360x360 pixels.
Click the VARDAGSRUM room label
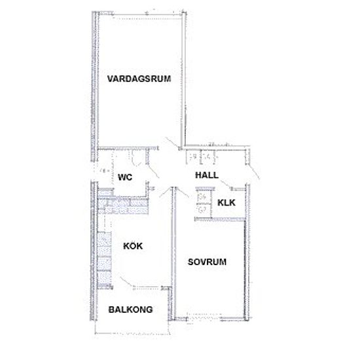(x=139, y=79)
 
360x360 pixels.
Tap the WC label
(x=125, y=177)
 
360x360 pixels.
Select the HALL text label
(x=207, y=175)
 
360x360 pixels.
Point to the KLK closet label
(x=226, y=202)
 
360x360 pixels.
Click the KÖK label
(x=133, y=245)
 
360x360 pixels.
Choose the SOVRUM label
(x=207, y=262)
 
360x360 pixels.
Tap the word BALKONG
(x=130, y=310)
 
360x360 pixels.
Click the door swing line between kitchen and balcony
(x=126, y=280)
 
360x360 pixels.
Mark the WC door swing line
(x=153, y=171)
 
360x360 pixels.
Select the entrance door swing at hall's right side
(x=253, y=171)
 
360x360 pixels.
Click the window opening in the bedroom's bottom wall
(x=204, y=318)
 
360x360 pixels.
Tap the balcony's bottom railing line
(x=132, y=333)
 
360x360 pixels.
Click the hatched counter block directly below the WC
(x=123, y=206)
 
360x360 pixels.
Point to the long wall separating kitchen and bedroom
(x=174, y=253)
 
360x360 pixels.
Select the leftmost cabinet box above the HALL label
(x=193, y=157)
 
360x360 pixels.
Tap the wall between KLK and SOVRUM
(x=220, y=219)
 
